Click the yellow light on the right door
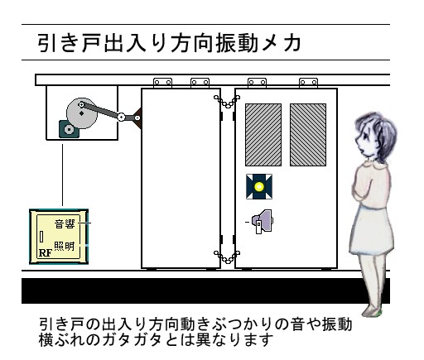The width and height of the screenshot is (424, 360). (258, 187)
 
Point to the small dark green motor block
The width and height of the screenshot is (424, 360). (66, 129)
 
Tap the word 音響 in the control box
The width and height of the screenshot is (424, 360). (65, 223)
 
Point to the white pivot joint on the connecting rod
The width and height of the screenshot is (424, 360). (121, 118)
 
